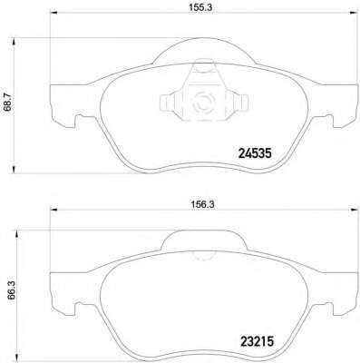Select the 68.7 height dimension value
click(x=8, y=102)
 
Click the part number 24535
click(x=256, y=154)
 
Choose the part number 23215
click(x=257, y=342)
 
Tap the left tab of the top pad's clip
click(x=167, y=102)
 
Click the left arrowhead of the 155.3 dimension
click(x=54, y=13)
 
